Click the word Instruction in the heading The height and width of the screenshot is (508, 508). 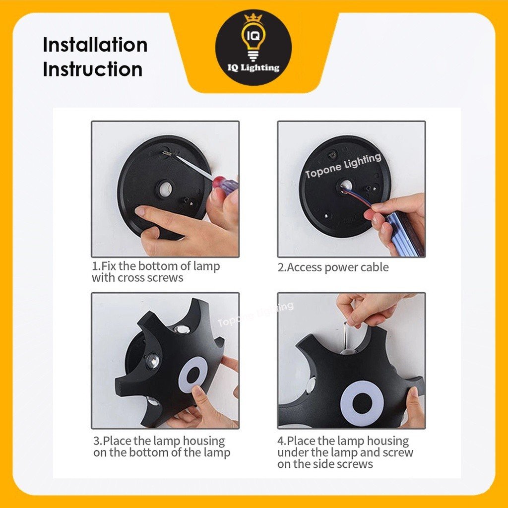point(93,69)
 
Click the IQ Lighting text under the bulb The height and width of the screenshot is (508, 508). point(254,67)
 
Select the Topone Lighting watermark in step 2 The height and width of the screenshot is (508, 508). point(343,166)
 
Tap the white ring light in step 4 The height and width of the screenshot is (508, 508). point(362,403)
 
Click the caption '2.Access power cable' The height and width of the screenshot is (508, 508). point(333,267)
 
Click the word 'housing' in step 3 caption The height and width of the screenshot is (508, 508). point(204,441)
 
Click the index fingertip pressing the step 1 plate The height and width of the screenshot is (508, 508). point(140,211)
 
